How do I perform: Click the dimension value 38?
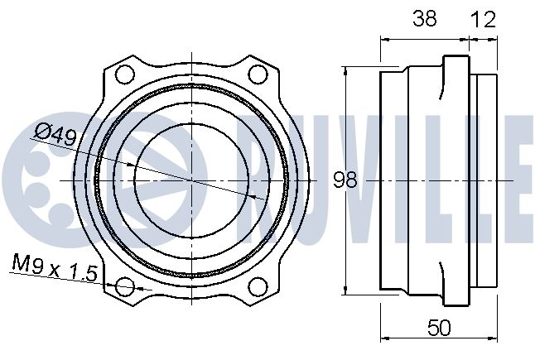click(425, 18)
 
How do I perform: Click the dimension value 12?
click(483, 19)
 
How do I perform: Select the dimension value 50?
click(439, 328)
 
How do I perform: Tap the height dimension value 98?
click(345, 180)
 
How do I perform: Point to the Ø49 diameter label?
click(55, 133)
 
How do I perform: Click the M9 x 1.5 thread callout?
click(55, 267)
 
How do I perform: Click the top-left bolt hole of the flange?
click(124, 74)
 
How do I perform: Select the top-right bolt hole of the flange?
click(258, 74)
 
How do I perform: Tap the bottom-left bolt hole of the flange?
click(124, 286)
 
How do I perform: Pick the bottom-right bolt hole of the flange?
click(258, 286)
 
